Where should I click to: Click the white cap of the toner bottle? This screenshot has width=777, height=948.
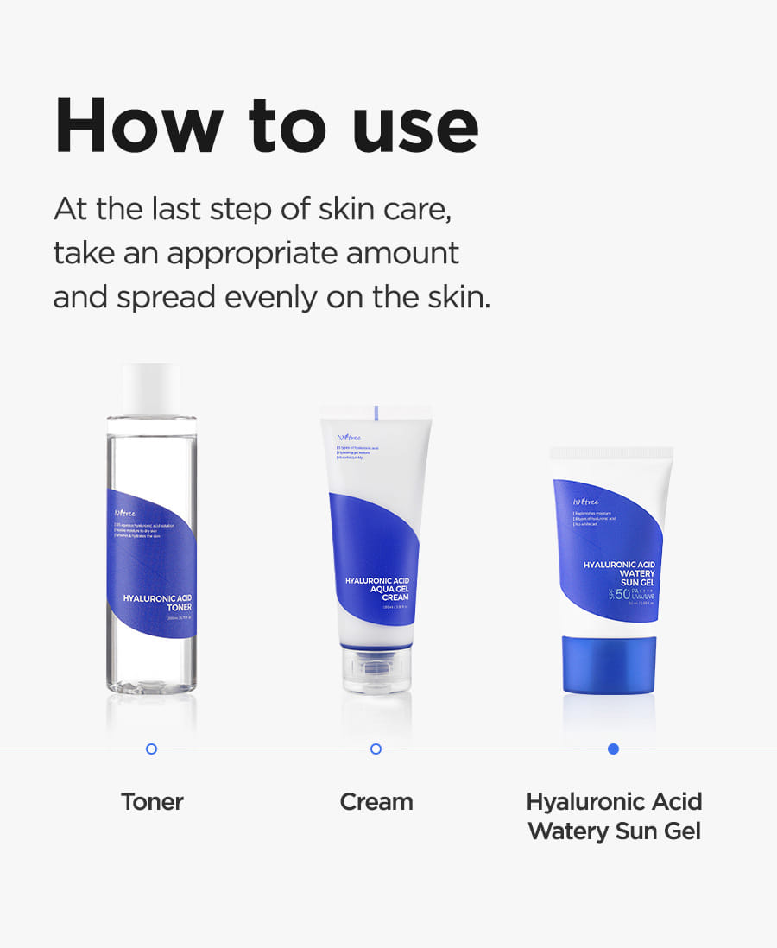tap(152, 389)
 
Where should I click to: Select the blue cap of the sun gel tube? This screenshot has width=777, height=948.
tap(612, 664)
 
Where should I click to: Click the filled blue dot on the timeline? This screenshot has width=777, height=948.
tap(613, 749)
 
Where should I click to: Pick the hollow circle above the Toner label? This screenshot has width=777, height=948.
tap(152, 749)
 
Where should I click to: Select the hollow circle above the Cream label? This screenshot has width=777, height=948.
tap(376, 749)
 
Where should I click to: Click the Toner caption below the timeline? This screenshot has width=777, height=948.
tap(152, 801)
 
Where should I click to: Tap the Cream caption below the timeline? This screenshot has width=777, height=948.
tap(376, 801)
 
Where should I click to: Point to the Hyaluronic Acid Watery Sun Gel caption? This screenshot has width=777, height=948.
tap(614, 816)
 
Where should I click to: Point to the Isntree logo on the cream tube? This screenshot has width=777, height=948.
tap(343, 437)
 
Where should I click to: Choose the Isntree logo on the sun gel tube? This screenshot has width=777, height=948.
tap(584, 501)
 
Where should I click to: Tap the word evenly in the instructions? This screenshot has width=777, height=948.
tap(272, 297)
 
